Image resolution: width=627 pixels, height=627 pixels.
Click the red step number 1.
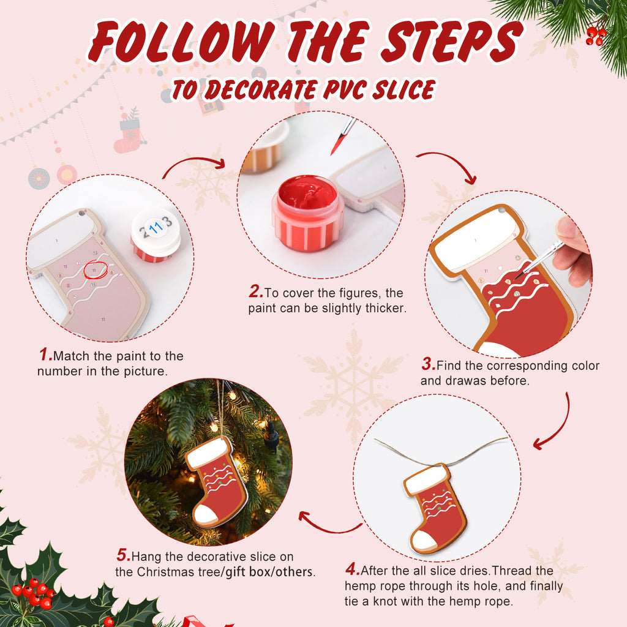point(45,355)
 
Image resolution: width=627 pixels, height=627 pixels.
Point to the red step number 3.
point(427,365)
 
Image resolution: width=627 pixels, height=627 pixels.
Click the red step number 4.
point(352,570)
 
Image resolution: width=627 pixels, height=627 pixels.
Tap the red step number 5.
point(123,556)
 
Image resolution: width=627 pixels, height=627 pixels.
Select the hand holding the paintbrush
point(574,251)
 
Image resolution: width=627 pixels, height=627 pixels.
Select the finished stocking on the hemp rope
point(435,508)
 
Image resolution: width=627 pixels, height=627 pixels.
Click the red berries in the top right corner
point(595,36)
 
